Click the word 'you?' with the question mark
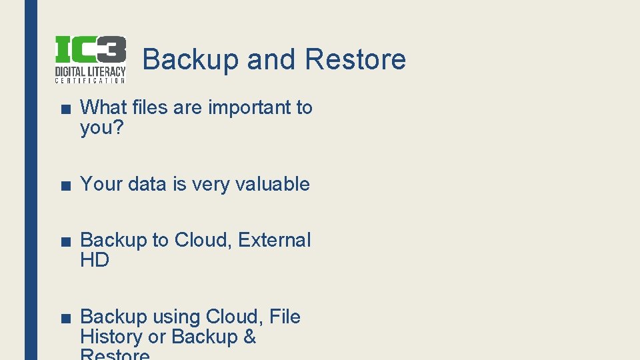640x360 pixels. coord(102,127)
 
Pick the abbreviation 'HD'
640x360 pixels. coord(95,261)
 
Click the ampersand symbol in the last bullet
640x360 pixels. coord(250,337)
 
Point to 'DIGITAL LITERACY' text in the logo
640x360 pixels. coord(90,71)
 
